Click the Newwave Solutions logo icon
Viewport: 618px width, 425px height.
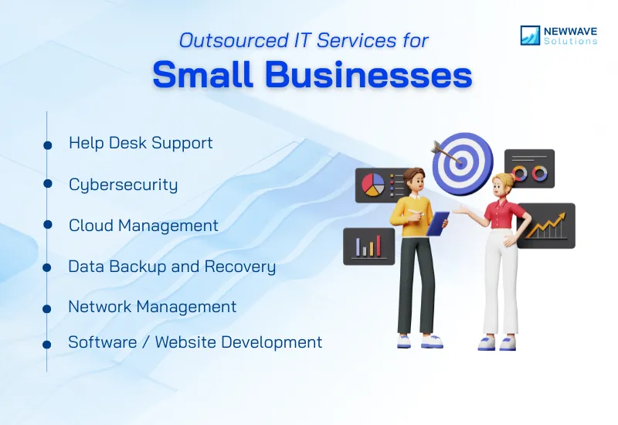[530, 35]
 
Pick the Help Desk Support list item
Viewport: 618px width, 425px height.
[141, 143]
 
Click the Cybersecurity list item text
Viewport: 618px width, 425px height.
[123, 185]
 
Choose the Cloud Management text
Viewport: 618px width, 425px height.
[143, 225]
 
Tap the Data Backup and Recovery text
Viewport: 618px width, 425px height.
[171, 267]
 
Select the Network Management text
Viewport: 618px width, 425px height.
[152, 307]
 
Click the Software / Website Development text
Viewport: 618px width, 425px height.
[195, 342]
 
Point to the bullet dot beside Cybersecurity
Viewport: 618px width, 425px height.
[47, 184]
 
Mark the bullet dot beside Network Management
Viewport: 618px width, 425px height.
[47, 308]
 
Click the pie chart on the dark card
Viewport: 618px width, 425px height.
[373, 185]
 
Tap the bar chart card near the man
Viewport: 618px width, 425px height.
[368, 246]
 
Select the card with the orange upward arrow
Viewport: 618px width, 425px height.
[546, 226]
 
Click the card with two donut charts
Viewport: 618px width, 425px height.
[529, 169]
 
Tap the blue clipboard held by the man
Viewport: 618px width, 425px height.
[438, 224]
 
